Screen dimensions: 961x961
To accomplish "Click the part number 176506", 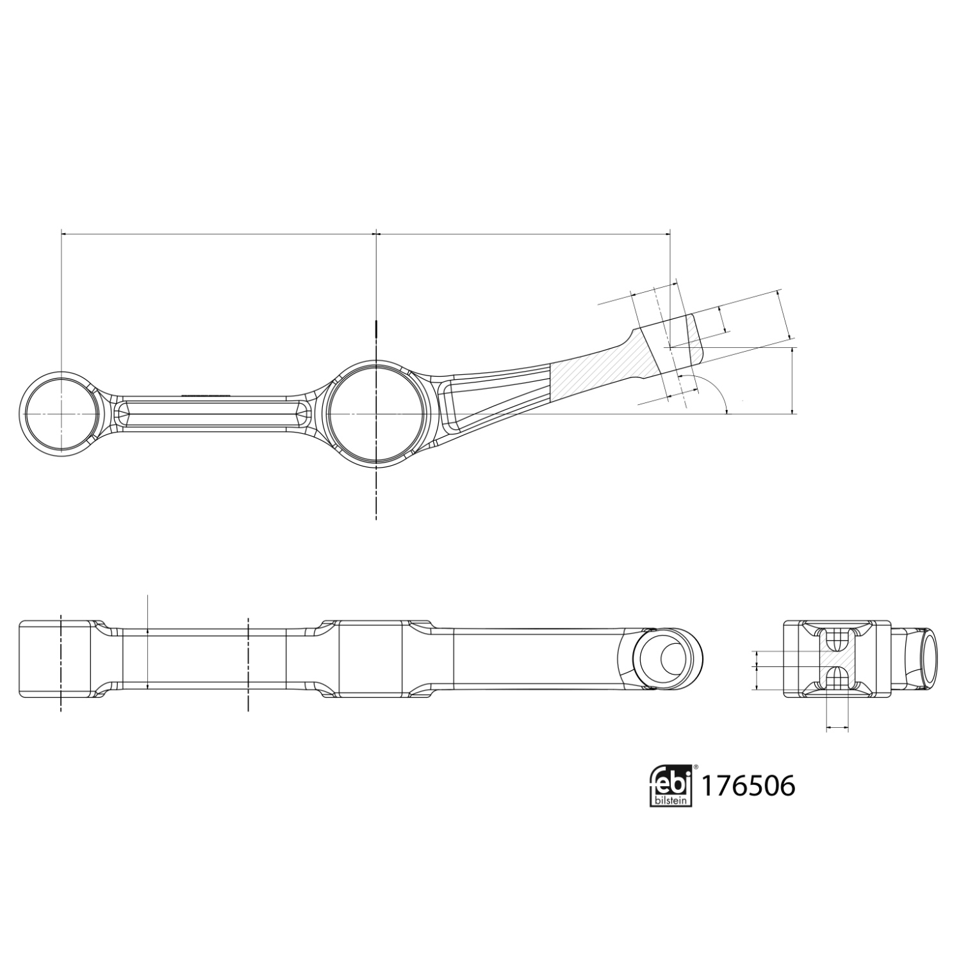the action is (x=748, y=785).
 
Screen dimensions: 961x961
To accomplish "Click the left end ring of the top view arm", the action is (x=62, y=413).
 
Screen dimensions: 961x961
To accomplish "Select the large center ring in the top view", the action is (x=376, y=413).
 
